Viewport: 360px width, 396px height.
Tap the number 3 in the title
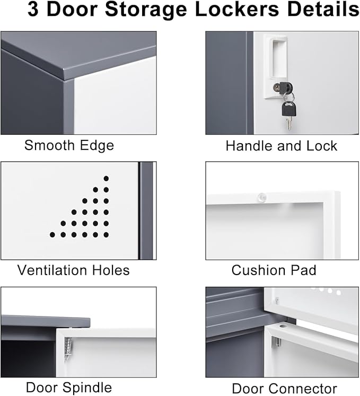[33, 11]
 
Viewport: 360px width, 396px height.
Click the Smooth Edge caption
[69, 145]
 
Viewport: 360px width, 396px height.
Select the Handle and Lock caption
[281, 146]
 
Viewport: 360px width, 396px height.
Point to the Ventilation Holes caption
[73, 270]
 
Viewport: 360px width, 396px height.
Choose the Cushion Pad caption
[274, 270]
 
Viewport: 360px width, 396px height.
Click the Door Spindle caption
[69, 388]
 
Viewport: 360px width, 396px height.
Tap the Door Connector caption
[284, 388]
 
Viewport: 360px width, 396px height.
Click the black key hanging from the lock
[288, 110]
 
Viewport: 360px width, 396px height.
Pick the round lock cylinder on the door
[277, 87]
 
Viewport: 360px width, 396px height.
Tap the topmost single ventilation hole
[106, 179]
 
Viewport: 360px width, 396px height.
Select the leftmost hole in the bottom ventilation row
[52, 234]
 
